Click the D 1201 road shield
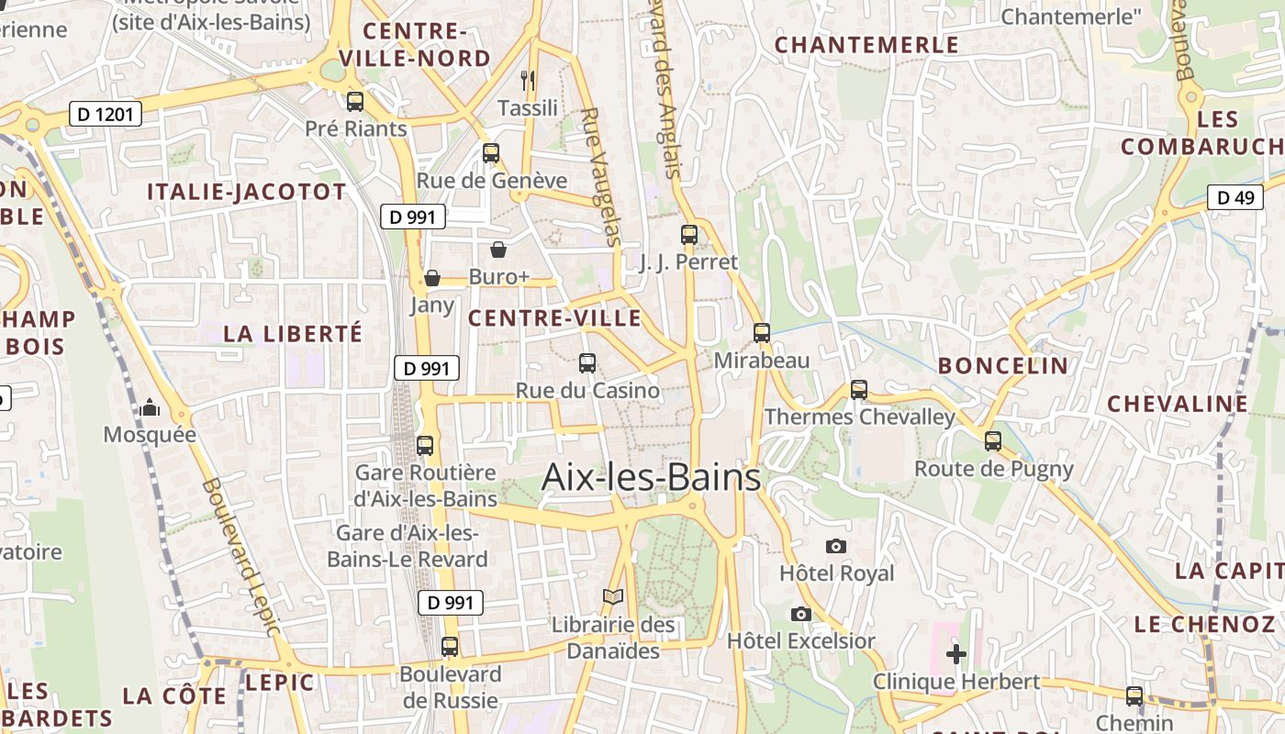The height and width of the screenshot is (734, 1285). click(x=106, y=115)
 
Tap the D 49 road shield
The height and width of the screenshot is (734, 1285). click(x=1235, y=197)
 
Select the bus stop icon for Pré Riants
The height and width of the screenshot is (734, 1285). click(x=355, y=102)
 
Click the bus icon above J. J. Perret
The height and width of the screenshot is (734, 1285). click(x=689, y=235)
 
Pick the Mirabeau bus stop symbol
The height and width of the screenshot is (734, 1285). click(x=762, y=333)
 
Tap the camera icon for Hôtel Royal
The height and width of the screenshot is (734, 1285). click(x=835, y=547)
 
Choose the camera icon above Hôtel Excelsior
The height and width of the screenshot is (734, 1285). click(x=801, y=614)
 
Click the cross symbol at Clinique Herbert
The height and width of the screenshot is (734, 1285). click(x=956, y=654)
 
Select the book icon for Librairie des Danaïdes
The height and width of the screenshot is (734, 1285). click(x=613, y=597)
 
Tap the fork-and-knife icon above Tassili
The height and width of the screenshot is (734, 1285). click(x=528, y=81)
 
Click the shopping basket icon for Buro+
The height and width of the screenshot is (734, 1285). click(x=498, y=250)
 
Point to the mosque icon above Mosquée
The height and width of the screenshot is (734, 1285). click(x=150, y=407)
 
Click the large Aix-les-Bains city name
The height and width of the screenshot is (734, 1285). click(x=651, y=478)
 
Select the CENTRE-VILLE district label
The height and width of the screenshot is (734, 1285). click(x=554, y=318)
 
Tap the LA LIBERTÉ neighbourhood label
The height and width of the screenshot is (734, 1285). click(x=293, y=333)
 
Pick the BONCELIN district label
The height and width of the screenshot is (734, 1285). click(x=1003, y=366)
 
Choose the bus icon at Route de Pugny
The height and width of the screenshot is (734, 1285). click(x=993, y=441)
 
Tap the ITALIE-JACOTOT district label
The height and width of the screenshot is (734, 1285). click(x=247, y=192)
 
